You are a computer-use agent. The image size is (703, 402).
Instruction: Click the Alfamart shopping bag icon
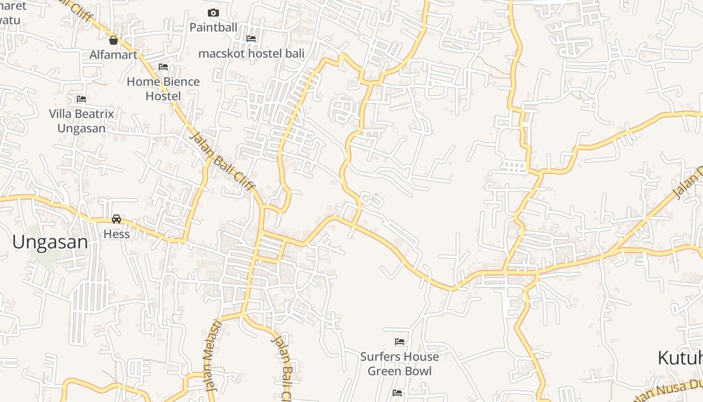coord(113,40)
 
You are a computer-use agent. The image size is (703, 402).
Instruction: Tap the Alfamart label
coord(113,55)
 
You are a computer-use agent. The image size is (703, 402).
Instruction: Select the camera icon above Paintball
coord(213,13)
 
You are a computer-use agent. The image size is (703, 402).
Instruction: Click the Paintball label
coord(213,28)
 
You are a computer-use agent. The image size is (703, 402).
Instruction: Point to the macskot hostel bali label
coord(251,53)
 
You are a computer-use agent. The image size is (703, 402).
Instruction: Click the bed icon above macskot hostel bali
coord(251,38)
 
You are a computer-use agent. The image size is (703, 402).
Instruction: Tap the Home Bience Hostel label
coord(163,88)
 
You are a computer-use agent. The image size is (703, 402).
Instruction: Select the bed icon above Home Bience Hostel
coord(163,66)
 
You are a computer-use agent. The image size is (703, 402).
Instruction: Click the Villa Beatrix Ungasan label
coord(81,121)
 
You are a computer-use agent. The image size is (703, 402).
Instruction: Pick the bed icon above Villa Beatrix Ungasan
coord(81,99)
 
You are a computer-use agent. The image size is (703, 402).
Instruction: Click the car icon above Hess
coord(116,219)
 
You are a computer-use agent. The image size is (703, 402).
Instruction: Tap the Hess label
coord(116,234)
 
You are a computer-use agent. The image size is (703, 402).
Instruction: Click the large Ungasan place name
coord(50,242)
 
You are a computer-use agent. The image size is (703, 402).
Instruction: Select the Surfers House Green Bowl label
coord(400,364)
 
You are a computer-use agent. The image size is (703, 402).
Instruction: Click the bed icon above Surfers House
coord(400,342)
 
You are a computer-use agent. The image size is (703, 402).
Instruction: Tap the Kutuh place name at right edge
coord(680,358)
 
